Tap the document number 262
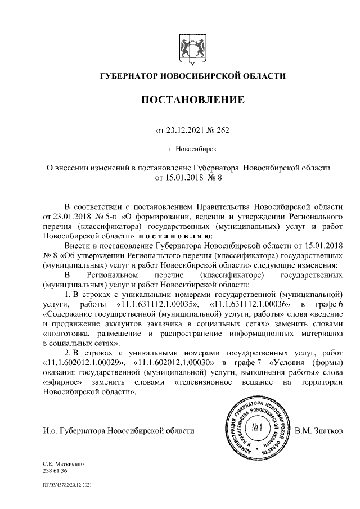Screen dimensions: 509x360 point(222,130)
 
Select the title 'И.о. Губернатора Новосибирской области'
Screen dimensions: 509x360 point(119,431)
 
